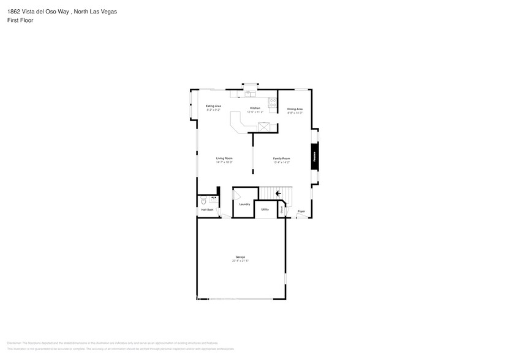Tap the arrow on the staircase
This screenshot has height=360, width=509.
[278, 193]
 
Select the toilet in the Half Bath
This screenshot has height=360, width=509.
[203, 200]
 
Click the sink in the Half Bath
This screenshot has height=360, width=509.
[214, 199]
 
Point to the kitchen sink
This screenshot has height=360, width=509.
[251, 94]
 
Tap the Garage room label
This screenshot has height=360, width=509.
[240, 257]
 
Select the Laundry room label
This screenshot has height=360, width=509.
[244, 204]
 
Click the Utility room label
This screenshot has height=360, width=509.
[265, 209]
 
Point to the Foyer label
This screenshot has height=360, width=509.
[301, 211]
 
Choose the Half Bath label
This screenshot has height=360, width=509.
[207, 210]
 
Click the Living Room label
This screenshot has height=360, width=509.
[224, 159]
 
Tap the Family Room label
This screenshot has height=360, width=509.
[281, 159]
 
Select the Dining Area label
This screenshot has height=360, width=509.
[295, 109]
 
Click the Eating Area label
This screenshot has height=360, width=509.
[213, 106]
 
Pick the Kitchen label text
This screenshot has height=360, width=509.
[255, 108]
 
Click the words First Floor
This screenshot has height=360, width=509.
[21, 20]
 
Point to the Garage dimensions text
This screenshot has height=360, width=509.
[240, 261]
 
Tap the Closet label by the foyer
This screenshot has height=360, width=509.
[282, 210]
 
